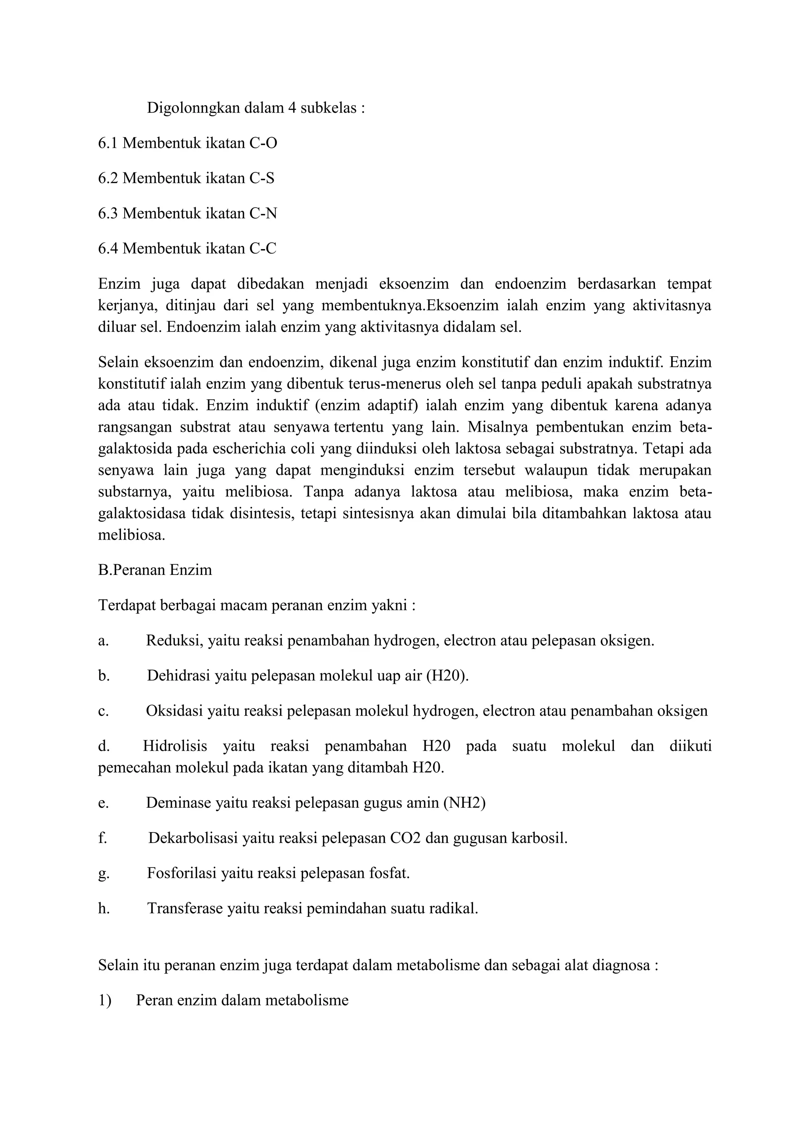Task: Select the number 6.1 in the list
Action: pyautogui.click(x=108, y=143)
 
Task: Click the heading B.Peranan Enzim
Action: pyautogui.click(x=155, y=570)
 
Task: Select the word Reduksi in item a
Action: pyautogui.click(x=174, y=641)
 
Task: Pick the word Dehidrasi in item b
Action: pyautogui.click(x=178, y=676)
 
